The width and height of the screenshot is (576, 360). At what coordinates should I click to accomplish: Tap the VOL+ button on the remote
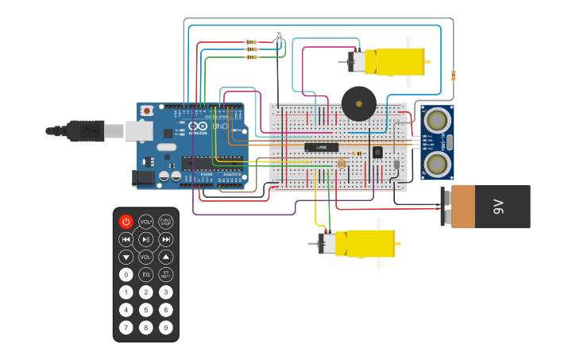point(145,222)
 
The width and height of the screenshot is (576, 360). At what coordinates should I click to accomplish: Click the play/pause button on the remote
point(145,239)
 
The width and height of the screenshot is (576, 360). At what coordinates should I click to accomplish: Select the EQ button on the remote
point(145,274)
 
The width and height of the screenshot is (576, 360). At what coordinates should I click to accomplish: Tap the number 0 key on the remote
point(126,274)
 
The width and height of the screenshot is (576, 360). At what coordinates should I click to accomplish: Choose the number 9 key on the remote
point(165,327)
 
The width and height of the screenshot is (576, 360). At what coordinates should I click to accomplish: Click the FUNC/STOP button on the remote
point(165,222)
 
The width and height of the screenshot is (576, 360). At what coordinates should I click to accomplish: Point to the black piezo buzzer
point(358,103)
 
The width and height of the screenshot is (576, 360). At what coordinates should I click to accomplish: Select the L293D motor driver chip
point(322,147)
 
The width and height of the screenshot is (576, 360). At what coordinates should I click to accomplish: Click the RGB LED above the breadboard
point(278,35)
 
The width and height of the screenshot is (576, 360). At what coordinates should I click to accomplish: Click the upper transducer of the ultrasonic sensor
point(436,120)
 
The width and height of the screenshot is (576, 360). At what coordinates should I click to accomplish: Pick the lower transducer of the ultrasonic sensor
point(436,164)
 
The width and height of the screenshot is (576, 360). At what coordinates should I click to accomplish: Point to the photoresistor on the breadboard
point(342,164)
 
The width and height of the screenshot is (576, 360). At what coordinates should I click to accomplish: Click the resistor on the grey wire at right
point(453,75)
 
